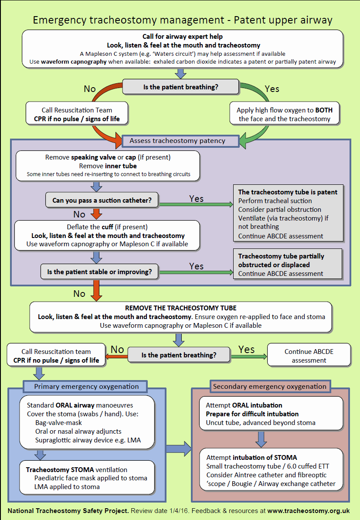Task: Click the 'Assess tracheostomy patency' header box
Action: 177,141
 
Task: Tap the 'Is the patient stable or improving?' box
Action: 99,272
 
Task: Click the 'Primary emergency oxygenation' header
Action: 86,387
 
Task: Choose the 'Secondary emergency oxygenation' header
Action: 269,386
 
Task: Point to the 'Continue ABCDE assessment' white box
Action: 309,356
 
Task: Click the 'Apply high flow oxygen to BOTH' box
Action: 284,114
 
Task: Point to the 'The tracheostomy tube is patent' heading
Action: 288,192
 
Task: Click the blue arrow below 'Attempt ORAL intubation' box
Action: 261,439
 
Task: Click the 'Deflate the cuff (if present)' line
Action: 107,227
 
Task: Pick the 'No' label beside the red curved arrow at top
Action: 90,89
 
